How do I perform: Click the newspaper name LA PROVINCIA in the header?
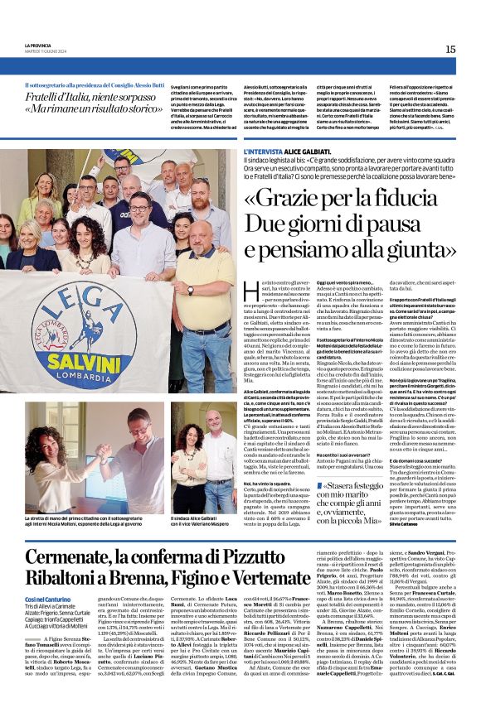39,46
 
